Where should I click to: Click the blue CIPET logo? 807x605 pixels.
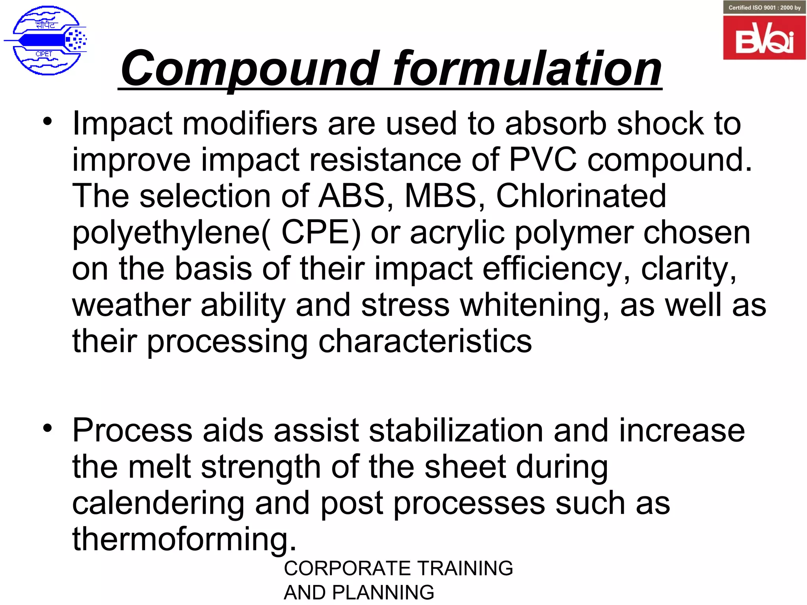click(x=45, y=40)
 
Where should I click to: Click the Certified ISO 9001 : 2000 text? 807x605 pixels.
click(x=764, y=7)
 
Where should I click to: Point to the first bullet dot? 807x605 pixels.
click(x=48, y=121)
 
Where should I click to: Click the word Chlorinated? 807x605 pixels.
click(x=581, y=196)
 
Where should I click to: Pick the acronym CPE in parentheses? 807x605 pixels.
click(x=321, y=232)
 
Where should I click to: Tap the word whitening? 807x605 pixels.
click(x=534, y=306)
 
